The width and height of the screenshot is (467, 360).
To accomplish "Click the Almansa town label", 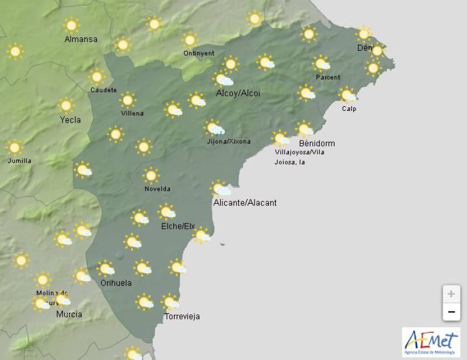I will click(x=81, y=39).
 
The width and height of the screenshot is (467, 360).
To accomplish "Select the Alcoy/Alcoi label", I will click(x=238, y=93).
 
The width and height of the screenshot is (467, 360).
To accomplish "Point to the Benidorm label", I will click(x=317, y=144).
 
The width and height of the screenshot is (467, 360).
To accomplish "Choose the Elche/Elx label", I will click(x=177, y=226).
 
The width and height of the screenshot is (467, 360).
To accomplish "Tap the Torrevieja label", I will click(x=182, y=316).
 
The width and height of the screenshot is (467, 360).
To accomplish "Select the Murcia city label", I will click(x=69, y=314).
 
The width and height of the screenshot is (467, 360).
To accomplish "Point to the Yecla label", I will click(x=71, y=120).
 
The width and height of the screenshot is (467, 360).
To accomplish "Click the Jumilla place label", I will click(x=20, y=160).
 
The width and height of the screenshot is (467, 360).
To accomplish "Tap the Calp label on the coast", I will click(x=349, y=109).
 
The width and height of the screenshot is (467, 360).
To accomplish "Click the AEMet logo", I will click(x=431, y=341).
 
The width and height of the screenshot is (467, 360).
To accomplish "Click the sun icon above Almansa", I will click(x=71, y=25).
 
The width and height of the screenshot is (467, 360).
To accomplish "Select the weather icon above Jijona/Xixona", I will click(x=214, y=128).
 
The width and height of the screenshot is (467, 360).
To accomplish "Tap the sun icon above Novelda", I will click(x=151, y=175).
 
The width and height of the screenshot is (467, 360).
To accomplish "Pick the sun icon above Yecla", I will click(x=66, y=106).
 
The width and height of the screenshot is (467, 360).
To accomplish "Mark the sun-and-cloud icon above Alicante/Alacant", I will click(x=221, y=188).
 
